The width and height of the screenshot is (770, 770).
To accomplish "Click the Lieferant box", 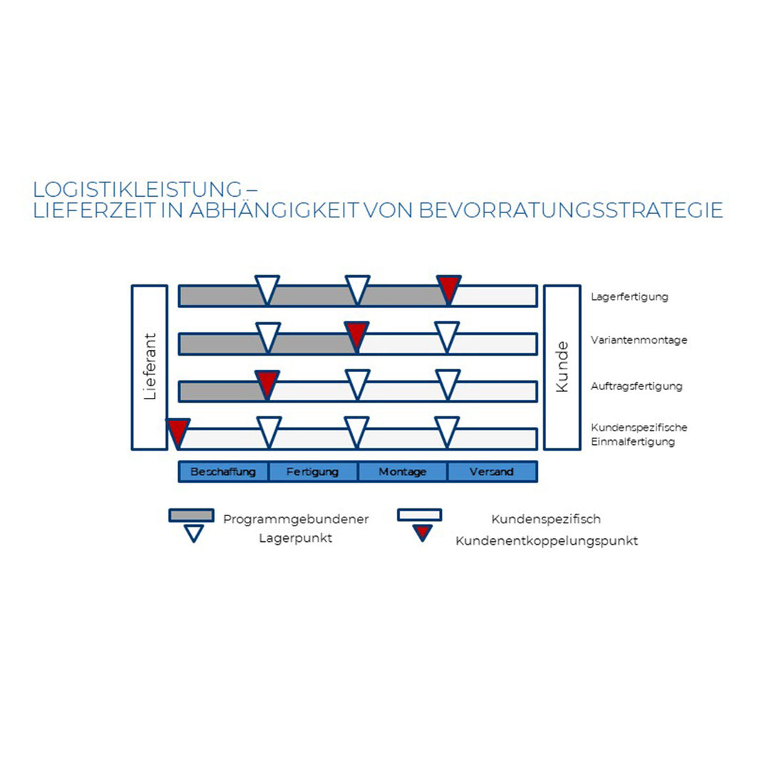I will pos(150,367).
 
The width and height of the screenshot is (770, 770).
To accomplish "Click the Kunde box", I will pos(562,367).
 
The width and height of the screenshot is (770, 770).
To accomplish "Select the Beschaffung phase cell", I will pos(223,472).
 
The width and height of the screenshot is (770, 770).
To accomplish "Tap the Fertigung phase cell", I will pos(313,472).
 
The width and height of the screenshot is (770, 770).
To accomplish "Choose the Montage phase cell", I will pos(403,472).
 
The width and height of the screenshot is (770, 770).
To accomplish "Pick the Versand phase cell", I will pos(492,472).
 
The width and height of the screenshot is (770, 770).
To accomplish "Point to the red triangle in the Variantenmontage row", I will pos(357,333).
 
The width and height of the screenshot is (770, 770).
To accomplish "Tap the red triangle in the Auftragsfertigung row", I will pos(267,381).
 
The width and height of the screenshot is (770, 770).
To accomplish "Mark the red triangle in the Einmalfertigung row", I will pos(178,430).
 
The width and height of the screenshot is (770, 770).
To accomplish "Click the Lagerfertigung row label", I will pos(630,297).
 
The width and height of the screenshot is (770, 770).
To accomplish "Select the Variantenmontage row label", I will pos(639,340).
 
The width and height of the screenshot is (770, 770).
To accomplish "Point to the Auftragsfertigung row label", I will pos(637,386).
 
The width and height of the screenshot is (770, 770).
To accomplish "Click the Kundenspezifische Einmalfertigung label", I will pos(639,434).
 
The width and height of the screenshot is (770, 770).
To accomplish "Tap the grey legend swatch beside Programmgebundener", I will pos(191,515).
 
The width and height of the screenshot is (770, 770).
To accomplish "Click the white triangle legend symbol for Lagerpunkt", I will pos(194,533).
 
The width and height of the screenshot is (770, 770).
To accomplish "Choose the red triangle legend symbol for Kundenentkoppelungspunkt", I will pos(423,532).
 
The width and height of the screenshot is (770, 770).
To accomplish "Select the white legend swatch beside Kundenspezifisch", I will pos(419,515).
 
